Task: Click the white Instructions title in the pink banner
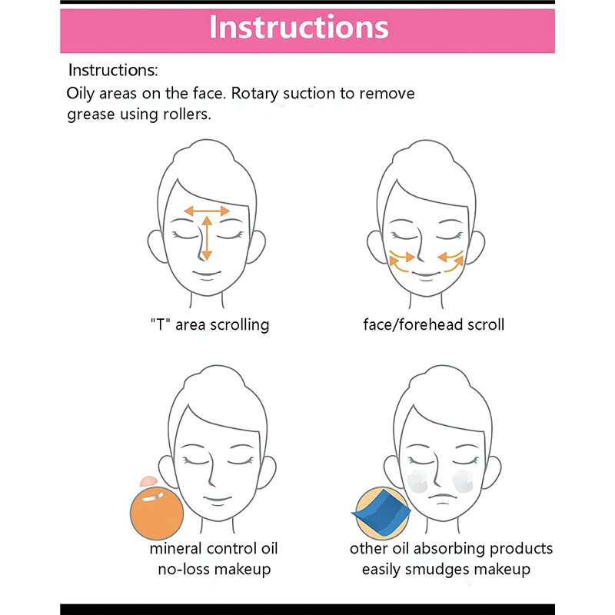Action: (299, 27)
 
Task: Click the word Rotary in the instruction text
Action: (254, 94)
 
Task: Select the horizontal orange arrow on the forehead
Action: (207, 211)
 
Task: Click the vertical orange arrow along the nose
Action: (207, 238)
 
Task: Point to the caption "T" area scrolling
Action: (210, 324)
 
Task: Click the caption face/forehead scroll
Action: (434, 324)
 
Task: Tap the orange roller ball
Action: (157, 514)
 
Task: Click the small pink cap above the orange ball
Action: (148, 481)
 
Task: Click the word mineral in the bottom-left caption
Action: (175, 548)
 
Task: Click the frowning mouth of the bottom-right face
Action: (443, 498)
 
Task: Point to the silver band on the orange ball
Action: (152, 497)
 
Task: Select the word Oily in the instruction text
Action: (81, 94)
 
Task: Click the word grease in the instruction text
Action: (91, 115)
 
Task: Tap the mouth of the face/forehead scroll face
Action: (427, 274)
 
